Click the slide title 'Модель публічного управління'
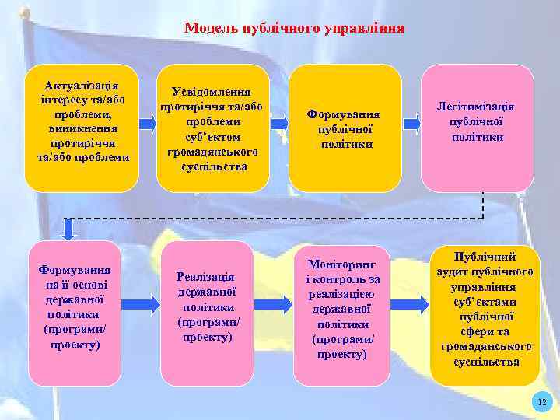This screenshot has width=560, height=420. pyautogui.click(x=294, y=29)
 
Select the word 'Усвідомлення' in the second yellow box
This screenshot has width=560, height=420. pyautogui.click(x=212, y=92)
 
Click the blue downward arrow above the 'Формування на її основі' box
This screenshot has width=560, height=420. pyautogui.click(x=68, y=228)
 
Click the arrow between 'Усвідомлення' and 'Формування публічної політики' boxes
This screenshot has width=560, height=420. pyautogui.click(x=278, y=122)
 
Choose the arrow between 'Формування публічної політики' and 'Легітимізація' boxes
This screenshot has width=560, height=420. pyautogui.click(x=412, y=122)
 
